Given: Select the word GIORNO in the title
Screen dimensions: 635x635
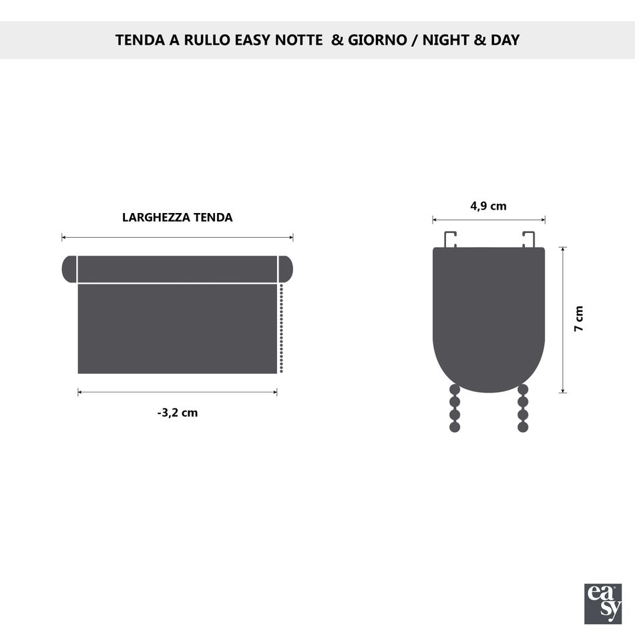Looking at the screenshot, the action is click(377, 40).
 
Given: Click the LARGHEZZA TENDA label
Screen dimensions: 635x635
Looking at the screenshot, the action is click(178, 218).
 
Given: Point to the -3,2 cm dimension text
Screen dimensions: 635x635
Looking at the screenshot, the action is click(178, 413).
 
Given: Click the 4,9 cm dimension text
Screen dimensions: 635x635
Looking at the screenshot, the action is click(488, 206).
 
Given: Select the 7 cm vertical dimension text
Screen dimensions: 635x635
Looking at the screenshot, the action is click(579, 319).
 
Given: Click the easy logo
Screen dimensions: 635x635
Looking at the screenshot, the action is click(603, 604).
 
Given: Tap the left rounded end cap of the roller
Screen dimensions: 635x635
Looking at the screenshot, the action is click(69, 269).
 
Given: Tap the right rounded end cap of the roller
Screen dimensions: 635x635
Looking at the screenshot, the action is click(286, 269).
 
